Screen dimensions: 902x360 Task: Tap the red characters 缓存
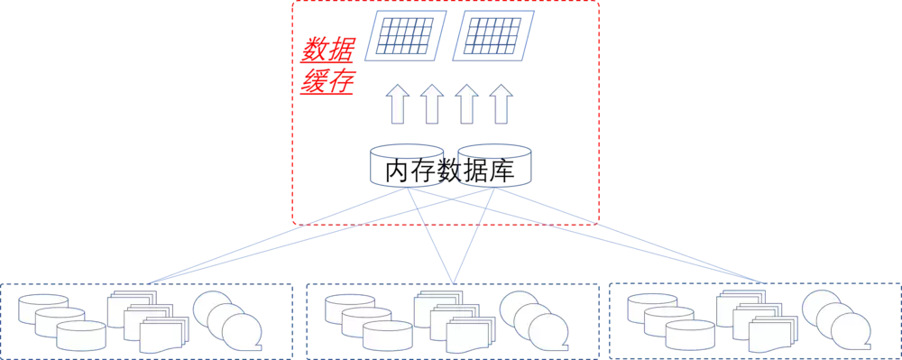327,82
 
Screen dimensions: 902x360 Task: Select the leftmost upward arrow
397,103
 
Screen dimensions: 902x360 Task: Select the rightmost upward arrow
501,103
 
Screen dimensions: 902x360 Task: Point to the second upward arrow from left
432,103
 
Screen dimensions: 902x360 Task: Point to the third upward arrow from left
466,103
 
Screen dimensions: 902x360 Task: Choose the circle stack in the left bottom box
226,321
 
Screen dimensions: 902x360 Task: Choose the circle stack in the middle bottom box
533,321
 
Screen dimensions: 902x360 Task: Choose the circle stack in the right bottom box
836,321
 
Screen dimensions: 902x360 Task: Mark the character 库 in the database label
502,171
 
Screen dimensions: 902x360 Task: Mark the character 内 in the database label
398,171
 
